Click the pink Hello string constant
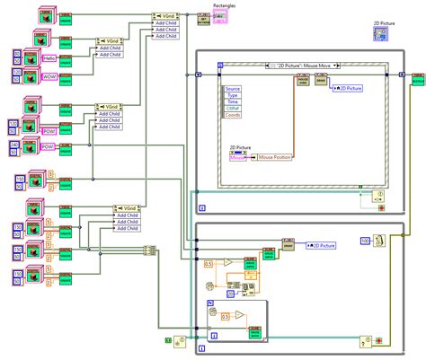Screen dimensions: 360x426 50,57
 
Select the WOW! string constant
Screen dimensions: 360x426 50,77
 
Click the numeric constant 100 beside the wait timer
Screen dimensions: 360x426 365,241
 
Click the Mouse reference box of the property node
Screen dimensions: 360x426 239,157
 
